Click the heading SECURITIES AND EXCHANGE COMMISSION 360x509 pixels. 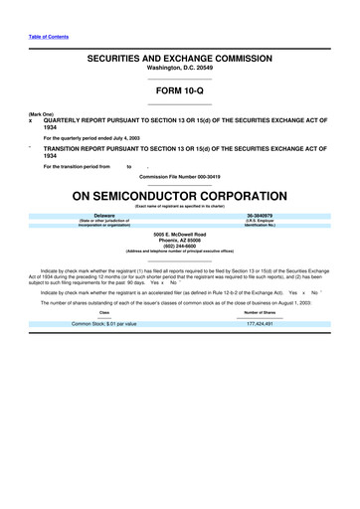pyautogui.click(x=179, y=61)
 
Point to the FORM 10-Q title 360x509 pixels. pyautogui.click(x=179, y=90)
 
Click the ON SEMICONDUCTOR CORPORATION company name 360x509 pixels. pyautogui.click(x=179, y=194)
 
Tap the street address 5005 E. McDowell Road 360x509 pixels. pyautogui.click(x=179, y=233)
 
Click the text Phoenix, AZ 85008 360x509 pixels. pyautogui.click(x=179, y=240)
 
